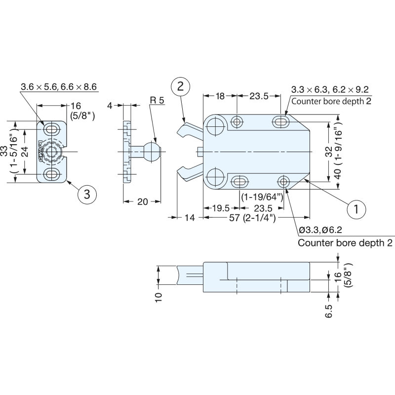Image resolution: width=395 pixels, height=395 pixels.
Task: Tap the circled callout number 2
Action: pos(180,87)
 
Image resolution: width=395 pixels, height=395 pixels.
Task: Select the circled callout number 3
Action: pos(87,194)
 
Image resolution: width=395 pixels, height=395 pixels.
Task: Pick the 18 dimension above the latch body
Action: pos(220,96)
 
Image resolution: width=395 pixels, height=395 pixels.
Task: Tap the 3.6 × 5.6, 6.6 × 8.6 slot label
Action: pos(58,87)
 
